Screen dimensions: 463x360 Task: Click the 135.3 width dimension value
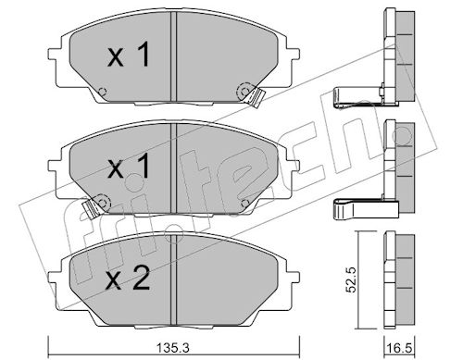point(172,349)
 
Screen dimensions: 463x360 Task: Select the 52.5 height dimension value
point(351,279)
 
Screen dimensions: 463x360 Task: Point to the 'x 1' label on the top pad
point(129,56)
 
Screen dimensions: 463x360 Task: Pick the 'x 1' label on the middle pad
point(129,167)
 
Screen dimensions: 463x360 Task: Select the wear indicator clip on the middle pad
point(90,209)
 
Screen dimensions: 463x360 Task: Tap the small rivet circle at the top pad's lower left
point(102,92)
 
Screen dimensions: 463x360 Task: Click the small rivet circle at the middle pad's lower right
point(244,203)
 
